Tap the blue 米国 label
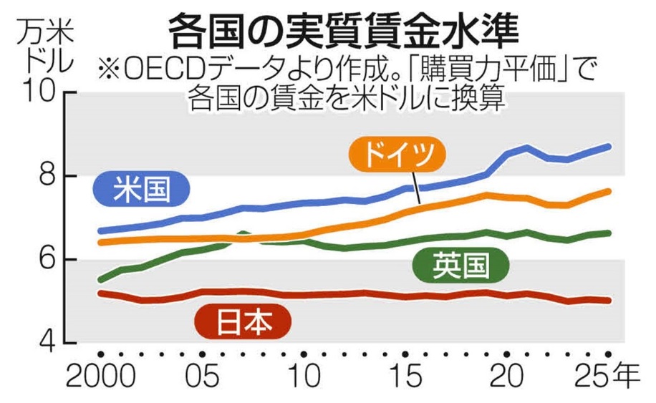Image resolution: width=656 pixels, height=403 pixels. point(141,189)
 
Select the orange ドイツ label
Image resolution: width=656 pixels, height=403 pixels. point(397,155)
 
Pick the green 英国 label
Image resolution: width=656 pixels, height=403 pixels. point(460,264)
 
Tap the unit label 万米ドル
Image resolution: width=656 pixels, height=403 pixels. point(47,46)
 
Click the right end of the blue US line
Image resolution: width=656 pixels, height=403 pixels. point(609,147)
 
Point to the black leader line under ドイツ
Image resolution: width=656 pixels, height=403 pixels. point(416,188)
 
